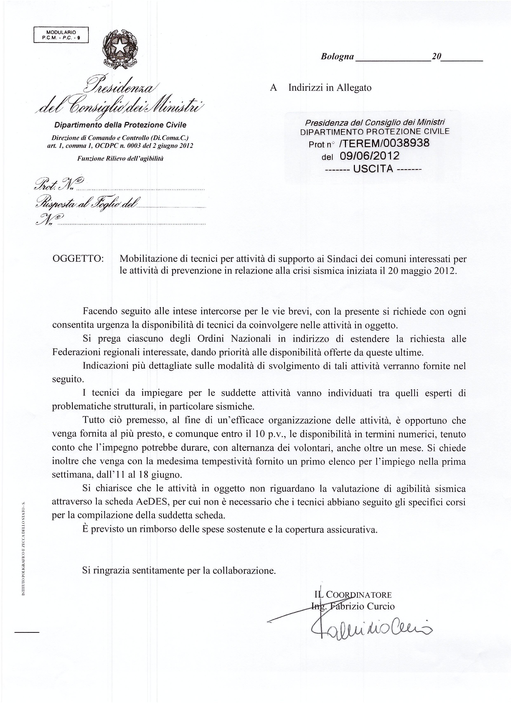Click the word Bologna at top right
coord(337,56)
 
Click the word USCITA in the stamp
coord(373,169)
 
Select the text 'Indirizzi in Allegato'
coord(330,88)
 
